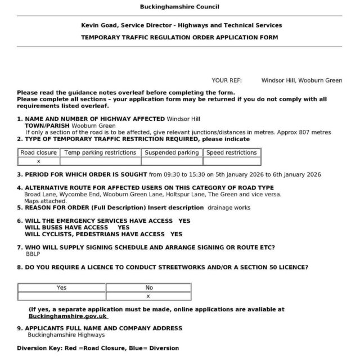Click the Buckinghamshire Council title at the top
point(179,7)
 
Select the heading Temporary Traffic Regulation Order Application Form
point(179,38)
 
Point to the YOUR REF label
point(226,80)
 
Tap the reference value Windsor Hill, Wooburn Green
point(301,80)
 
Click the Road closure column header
point(38,152)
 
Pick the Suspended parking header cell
point(172,152)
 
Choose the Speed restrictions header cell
point(231,152)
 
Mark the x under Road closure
point(38,161)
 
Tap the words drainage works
point(229,208)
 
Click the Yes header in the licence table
point(61,287)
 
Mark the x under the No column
point(148,296)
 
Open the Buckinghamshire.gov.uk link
point(68,316)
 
